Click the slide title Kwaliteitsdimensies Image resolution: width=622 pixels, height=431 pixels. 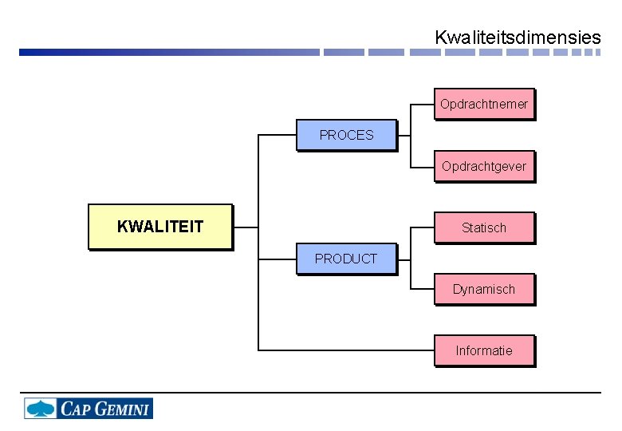518,37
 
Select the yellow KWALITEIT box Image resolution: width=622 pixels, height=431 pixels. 160,227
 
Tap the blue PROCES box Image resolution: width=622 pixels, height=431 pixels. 346,135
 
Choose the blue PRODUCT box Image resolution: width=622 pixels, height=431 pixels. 346,259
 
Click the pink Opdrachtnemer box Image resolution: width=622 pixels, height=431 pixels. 483,104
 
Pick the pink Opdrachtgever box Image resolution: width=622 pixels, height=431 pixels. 483,166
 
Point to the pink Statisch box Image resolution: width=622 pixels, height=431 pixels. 483,227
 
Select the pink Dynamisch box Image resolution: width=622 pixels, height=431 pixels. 483,289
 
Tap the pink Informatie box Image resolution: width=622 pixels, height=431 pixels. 483,350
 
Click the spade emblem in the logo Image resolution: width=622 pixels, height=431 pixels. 41,409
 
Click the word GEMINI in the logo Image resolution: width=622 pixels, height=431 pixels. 123,409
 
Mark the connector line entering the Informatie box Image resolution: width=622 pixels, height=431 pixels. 343,350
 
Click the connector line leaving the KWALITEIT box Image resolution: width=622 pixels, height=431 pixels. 246,227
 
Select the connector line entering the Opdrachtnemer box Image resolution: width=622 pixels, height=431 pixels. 422,104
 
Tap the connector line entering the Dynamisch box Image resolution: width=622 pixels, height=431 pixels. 422,288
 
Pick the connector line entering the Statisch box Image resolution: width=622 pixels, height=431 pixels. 422,227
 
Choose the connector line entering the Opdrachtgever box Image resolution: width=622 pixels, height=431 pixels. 422,166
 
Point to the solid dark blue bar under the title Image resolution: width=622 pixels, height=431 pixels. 159,53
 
